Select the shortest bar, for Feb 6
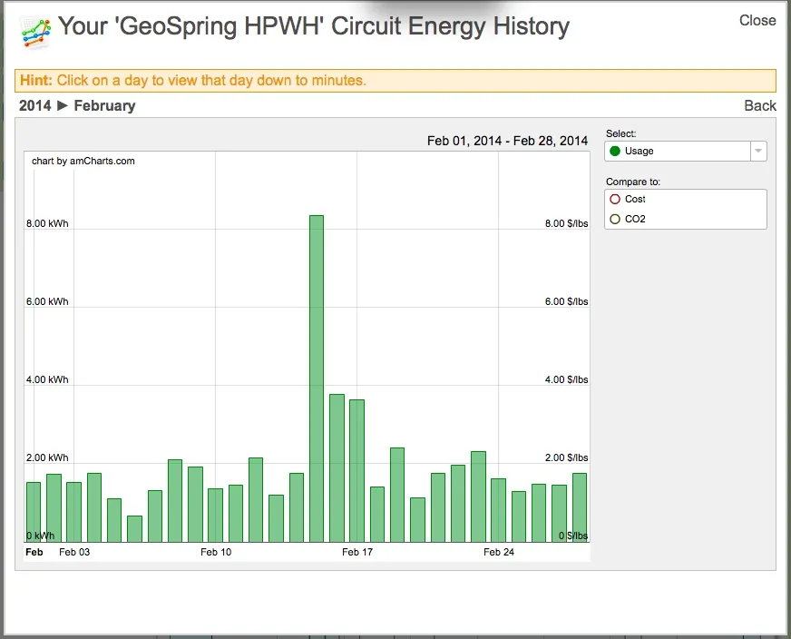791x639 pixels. point(134,529)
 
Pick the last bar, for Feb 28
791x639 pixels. point(580,507)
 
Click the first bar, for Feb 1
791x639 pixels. point(34,512)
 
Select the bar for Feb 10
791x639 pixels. point(216,515)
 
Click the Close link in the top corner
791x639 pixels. point(757,20)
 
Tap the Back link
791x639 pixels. point(760,105)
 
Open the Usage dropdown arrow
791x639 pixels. point(758,152)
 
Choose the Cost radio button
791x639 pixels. point(615,199)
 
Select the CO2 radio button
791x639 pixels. point(615,219)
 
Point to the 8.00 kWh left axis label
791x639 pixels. point(47,223)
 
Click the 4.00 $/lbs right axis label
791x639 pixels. point(566,379)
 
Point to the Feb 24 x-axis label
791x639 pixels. point(499,552)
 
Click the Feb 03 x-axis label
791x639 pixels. point(74,552)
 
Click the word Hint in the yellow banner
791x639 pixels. point(35,81)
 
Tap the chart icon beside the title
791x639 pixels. point(35,32)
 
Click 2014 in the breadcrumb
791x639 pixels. point(35,105)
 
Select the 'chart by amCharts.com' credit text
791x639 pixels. point(83,161)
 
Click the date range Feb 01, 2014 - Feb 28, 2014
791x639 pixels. point(507,141)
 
